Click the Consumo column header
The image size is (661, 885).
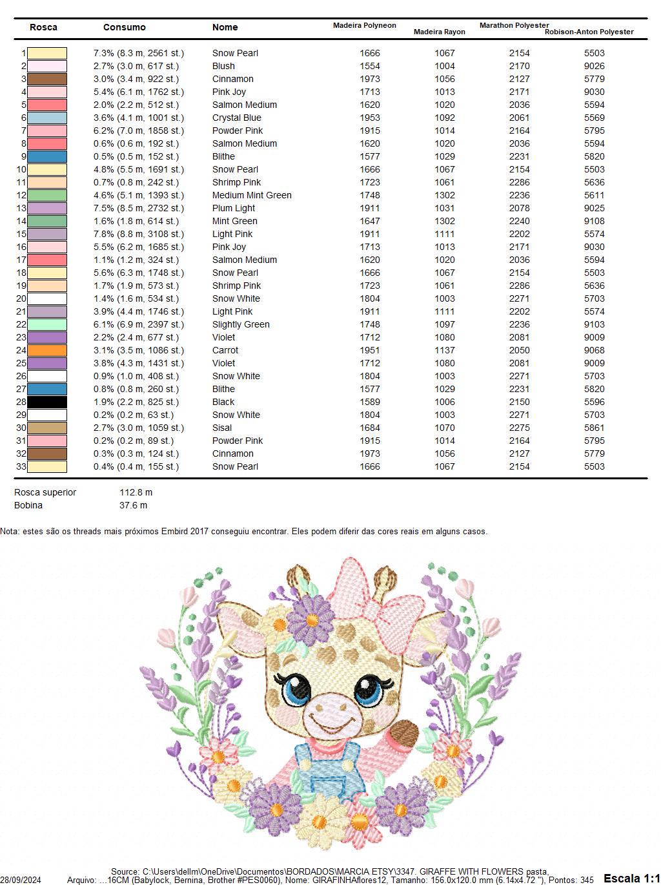[x=124, y=27]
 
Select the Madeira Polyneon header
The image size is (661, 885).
[x=364, y=25]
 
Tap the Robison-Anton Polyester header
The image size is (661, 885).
[x=589, y=32]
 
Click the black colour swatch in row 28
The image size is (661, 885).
[x=47, y=402]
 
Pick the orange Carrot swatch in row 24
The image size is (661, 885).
[x=47, y=350]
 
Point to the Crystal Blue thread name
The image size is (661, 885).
[x=236, y=118]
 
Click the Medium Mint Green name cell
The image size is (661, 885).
[x=252, y=195]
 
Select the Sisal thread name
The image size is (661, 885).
[x=222, y=428]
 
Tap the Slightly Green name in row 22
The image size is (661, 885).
[x=241, y=324]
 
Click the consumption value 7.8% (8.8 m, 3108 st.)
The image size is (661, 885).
[x=138, y=234]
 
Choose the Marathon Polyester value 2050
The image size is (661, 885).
[x=519, y=350]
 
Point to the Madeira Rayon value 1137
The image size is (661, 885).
[x=444, y=350]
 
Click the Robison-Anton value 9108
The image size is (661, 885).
[x=594, y=221]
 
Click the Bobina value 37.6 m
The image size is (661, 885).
[x=133, y=505]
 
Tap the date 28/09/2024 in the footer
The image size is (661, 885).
[x=21, y=880]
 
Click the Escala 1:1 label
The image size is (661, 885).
[x=631, y=878]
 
